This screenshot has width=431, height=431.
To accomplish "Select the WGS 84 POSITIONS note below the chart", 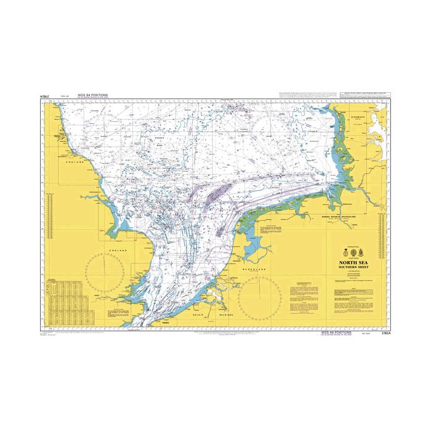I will point(336,332).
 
